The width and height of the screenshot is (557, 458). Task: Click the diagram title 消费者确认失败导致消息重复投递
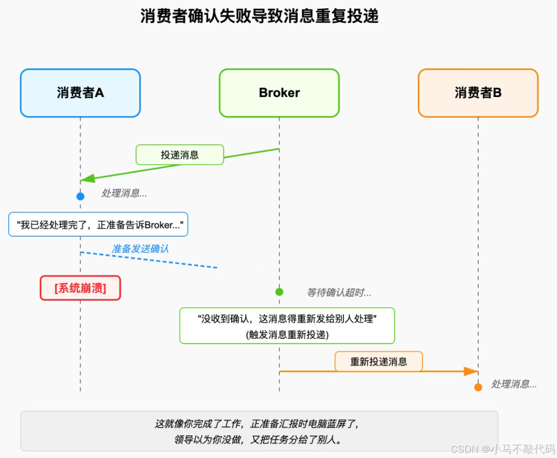[x=259, y=16]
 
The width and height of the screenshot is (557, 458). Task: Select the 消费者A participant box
[x=80, y=93]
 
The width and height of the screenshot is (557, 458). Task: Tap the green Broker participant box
[x=279, y=93]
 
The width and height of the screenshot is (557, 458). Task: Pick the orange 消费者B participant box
[x=478, y=93]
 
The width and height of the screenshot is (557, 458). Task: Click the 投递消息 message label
[x=179, y=155]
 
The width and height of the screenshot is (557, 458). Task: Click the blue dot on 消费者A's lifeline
[x=80, y=196]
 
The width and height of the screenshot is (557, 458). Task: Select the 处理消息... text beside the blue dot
[x=124, y=193]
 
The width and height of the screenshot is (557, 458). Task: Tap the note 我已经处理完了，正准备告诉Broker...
[x=99, y=224]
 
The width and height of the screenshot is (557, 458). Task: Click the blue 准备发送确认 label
[x=140, y=249]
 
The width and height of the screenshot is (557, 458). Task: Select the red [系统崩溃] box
[x=80, y=288]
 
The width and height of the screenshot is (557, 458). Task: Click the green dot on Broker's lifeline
[x=279, y=292]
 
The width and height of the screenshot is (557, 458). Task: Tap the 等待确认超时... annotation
[x=339, y=292]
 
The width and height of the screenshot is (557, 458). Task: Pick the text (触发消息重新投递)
[x=287, y=334]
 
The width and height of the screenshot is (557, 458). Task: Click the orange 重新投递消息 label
[x=379, y=362]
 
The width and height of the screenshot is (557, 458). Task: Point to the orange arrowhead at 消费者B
[x=471, y=371]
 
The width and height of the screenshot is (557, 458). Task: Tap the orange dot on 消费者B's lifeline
[x=478, y=387]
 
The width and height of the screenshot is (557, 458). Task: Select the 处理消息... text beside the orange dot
[x=514, y=384]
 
